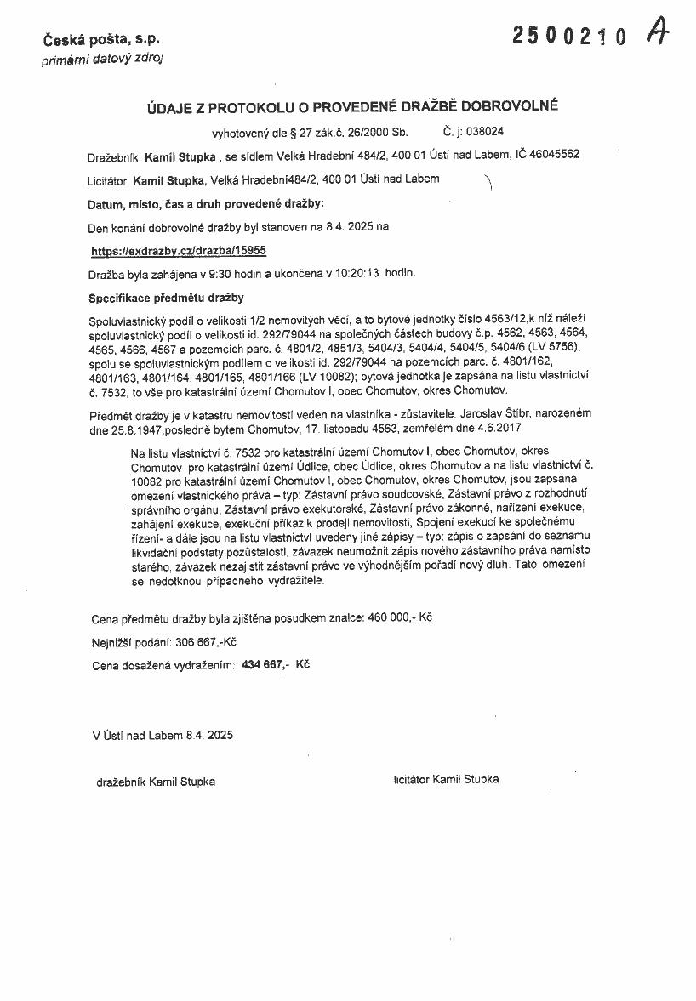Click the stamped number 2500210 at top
pos(569,35)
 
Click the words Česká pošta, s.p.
pos(101,39)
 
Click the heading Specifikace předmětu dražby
pos(167,298)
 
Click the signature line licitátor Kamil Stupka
pos(447,779)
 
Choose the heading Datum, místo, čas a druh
pos(207,205)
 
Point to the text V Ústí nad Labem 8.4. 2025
pos(163,733)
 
